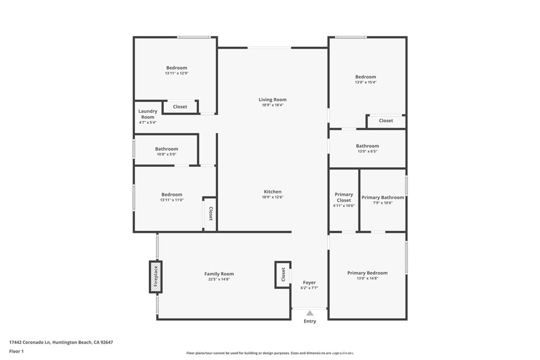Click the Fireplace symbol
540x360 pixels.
coord(156,277)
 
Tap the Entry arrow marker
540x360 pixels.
coord(310,313)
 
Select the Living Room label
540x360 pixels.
coord(273,100)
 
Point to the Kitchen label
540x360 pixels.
coord(273,192)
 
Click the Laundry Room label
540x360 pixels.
coord(148,114)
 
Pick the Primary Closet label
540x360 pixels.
coord(344,197)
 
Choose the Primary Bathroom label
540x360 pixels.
coord(383,198)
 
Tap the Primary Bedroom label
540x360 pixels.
coord(367,273)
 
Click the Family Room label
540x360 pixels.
coord(219,274)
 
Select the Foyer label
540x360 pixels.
coord(310,283)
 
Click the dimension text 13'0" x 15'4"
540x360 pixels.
coord(365,82)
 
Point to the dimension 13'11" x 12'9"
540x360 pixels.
coord(176,73)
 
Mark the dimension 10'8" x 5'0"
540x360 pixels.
coord(166,154)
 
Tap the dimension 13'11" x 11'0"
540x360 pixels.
coord(172,200)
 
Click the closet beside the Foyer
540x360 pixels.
coord(283,275)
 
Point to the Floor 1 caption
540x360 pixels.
coord(17,351)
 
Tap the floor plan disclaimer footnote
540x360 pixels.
coord(270,353)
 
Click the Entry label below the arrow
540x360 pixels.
coord(310,322)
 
